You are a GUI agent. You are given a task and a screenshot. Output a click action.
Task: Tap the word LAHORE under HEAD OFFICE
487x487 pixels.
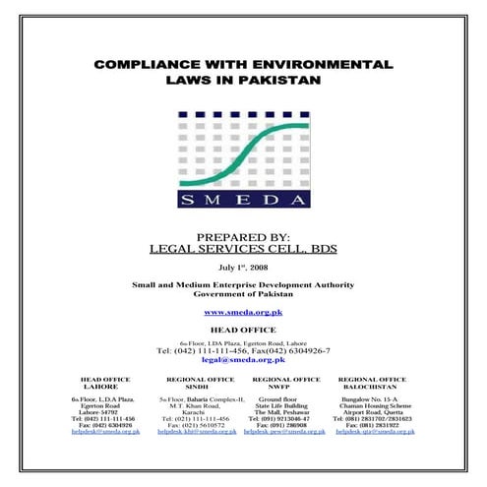point(102,386)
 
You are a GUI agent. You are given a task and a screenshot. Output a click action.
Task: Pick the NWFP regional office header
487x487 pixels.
point(286,386)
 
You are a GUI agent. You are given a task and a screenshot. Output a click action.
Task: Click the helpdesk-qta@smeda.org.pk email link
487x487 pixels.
point(373,432)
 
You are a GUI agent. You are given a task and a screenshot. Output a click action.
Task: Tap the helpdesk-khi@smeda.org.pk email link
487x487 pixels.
point(198,432)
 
